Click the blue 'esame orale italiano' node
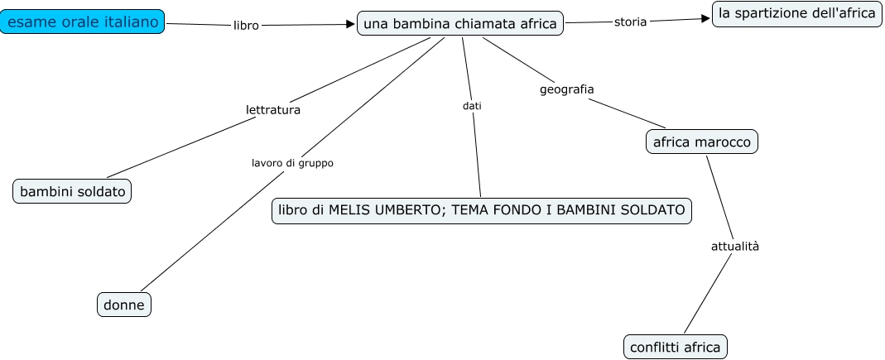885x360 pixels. click(x=82, y=22)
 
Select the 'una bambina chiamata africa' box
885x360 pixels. click(x=460, y=24)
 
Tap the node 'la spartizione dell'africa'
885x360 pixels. click(x=796, y=13)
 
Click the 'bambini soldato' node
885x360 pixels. click(x=73, y=192)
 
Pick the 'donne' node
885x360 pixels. click(x=124, y=305)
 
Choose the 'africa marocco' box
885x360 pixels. click(x=701, y=142)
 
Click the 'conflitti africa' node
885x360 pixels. click(x=675, y=347)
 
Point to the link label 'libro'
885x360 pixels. click(x=246, y=26)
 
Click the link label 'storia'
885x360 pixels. click(x=630, y=22)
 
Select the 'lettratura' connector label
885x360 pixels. click(x=273, y=109)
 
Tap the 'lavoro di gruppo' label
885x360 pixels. click(x=292, y=163)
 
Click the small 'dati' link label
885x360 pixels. click(x=472, y=106)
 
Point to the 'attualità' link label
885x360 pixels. click(x=735, y=246)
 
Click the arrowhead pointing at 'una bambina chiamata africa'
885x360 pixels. click(x=350, y=24)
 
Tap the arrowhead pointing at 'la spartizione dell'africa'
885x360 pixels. click(x=706, y=18)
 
